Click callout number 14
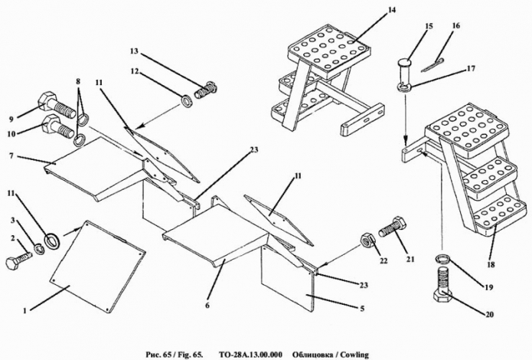click(x=391, y=10)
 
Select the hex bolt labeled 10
click(x=57, y=126)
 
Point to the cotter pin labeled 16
click(x=432, y=65)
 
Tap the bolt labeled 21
click(x=393, y=227)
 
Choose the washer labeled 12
click(x=187, y=101)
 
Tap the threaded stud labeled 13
click(x=205, y=90)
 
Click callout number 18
click(x=491, y=264)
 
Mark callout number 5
click(x=362, y=309)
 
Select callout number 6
click(x=207, y=305)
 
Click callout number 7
click(x=11, y=156)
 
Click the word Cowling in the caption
click(x=355, y=355)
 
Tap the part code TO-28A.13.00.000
click(x=250, y=355)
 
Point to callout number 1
click(x=24, y=310)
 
